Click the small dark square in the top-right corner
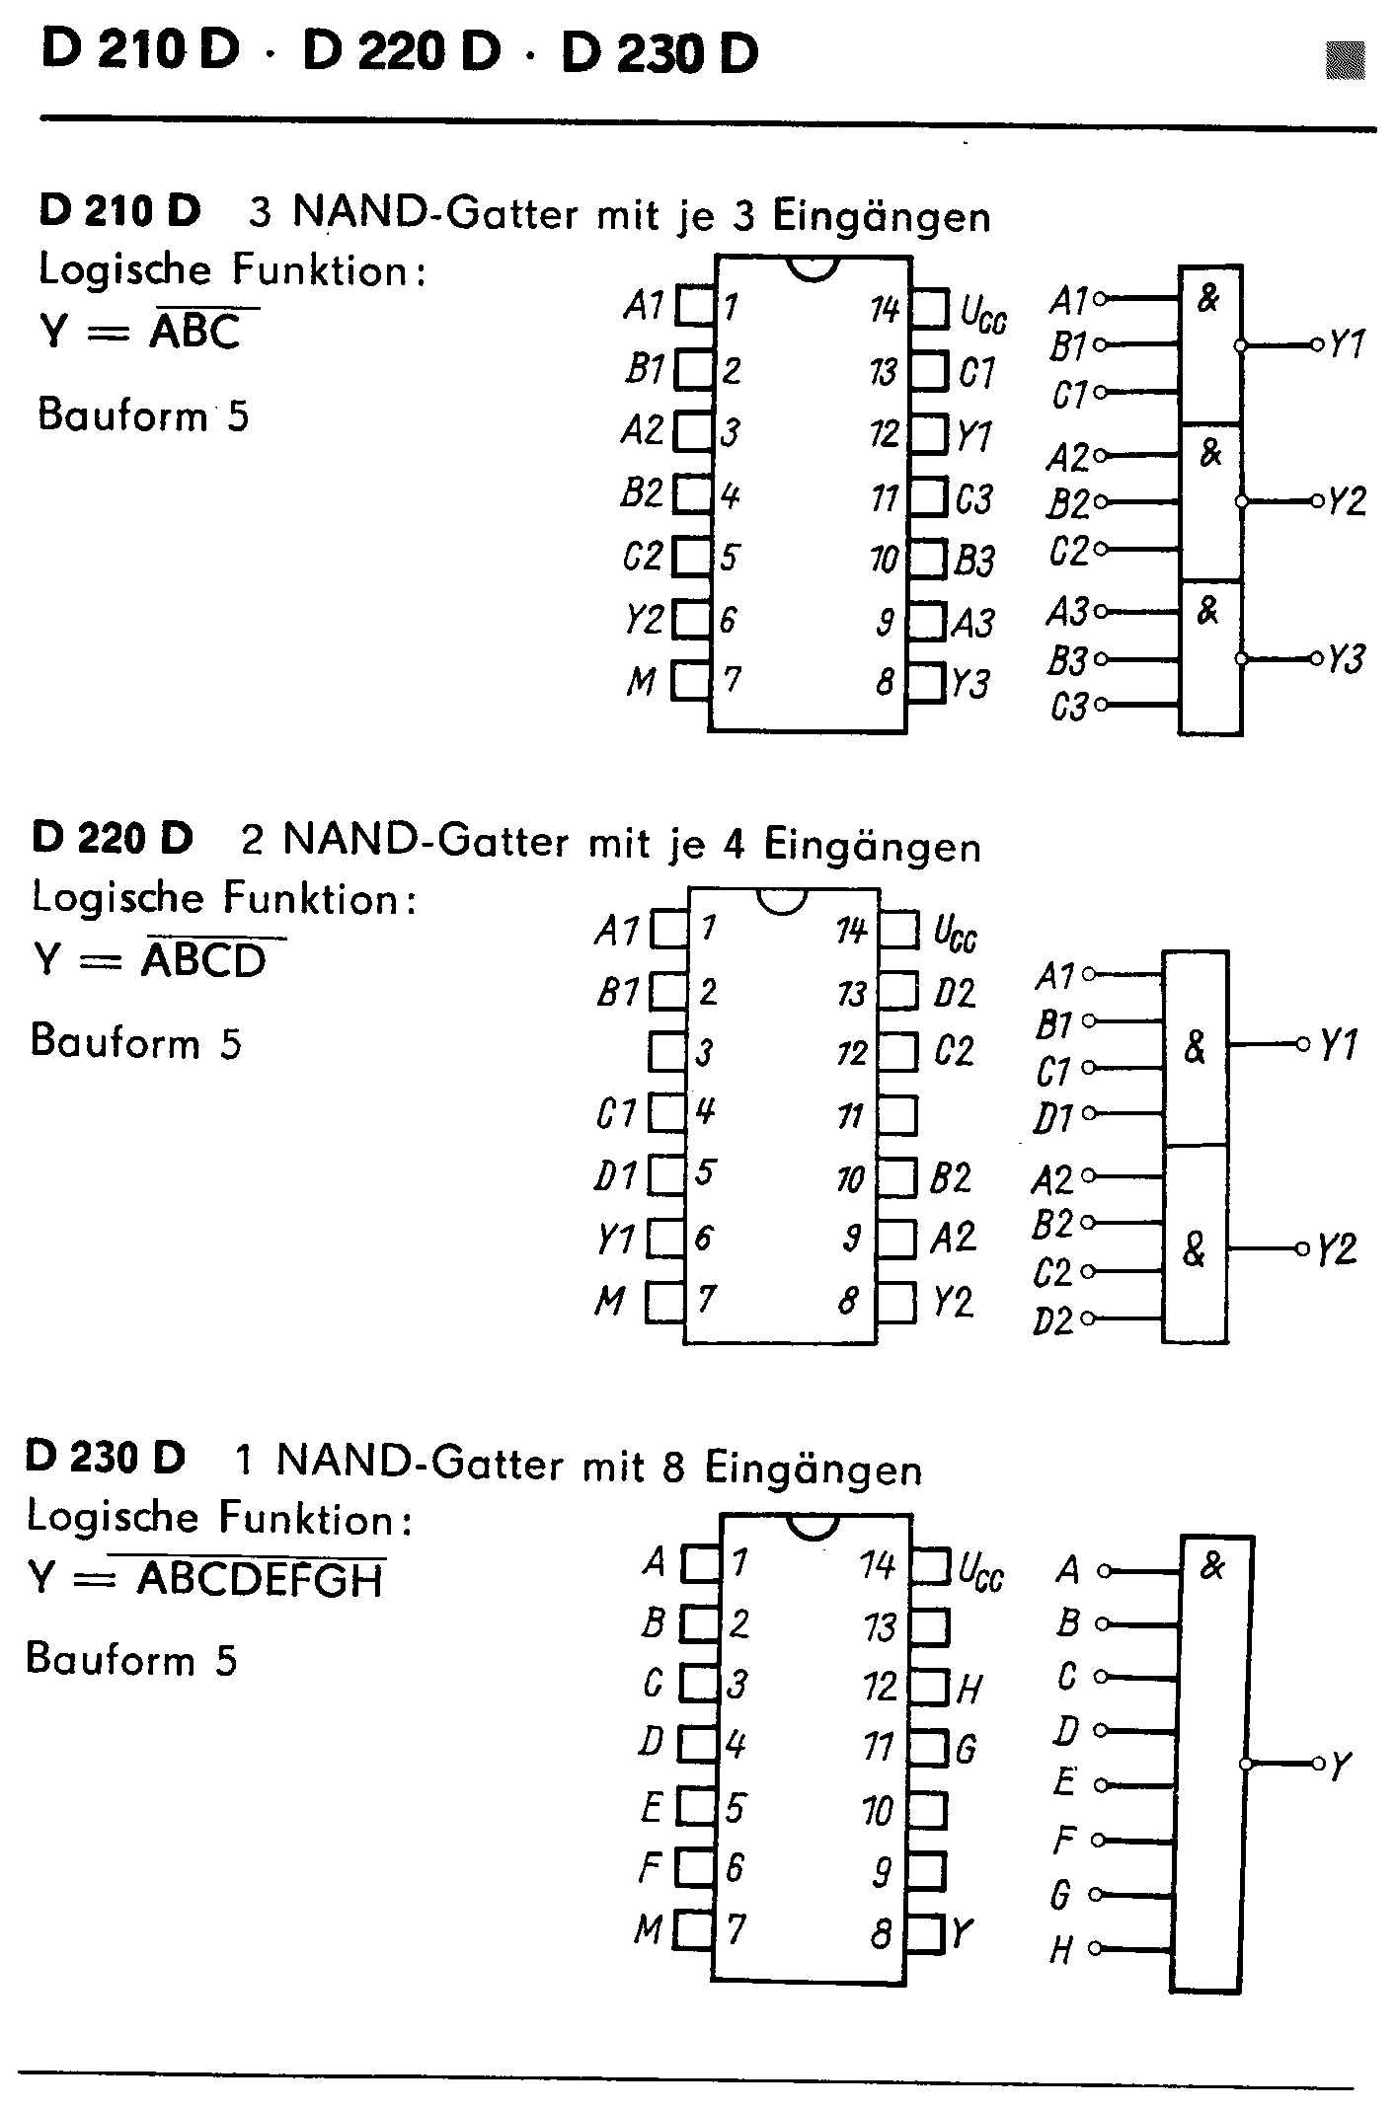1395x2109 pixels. click(x=1345, y=59)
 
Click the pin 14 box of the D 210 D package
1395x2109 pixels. click(x=929, y=309)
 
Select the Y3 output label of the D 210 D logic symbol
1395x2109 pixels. click(x=1345, y=658)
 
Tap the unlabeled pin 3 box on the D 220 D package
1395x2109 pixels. click(x=667, y=1052)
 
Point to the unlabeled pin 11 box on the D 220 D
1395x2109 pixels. click(x=896, y=1116)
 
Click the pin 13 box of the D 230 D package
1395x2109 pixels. click(x=929, y=1625)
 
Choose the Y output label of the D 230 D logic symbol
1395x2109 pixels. click(x=1340, y=1766)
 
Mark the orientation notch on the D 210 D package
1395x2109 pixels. click(x=813, y=267)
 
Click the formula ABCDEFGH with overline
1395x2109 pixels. click(x=260, y=1580)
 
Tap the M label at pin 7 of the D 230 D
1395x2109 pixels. click(x=648, y=1928)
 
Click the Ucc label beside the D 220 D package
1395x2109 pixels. click(x=955, y=933)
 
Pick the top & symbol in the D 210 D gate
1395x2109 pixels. click(x=1208, y=297)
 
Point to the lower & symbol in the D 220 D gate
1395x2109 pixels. click(x=1195, y=1249)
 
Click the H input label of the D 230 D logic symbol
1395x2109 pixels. click(x=1061, y=1949)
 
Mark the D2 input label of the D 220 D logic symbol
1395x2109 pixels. click(x=1052, y=1319)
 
